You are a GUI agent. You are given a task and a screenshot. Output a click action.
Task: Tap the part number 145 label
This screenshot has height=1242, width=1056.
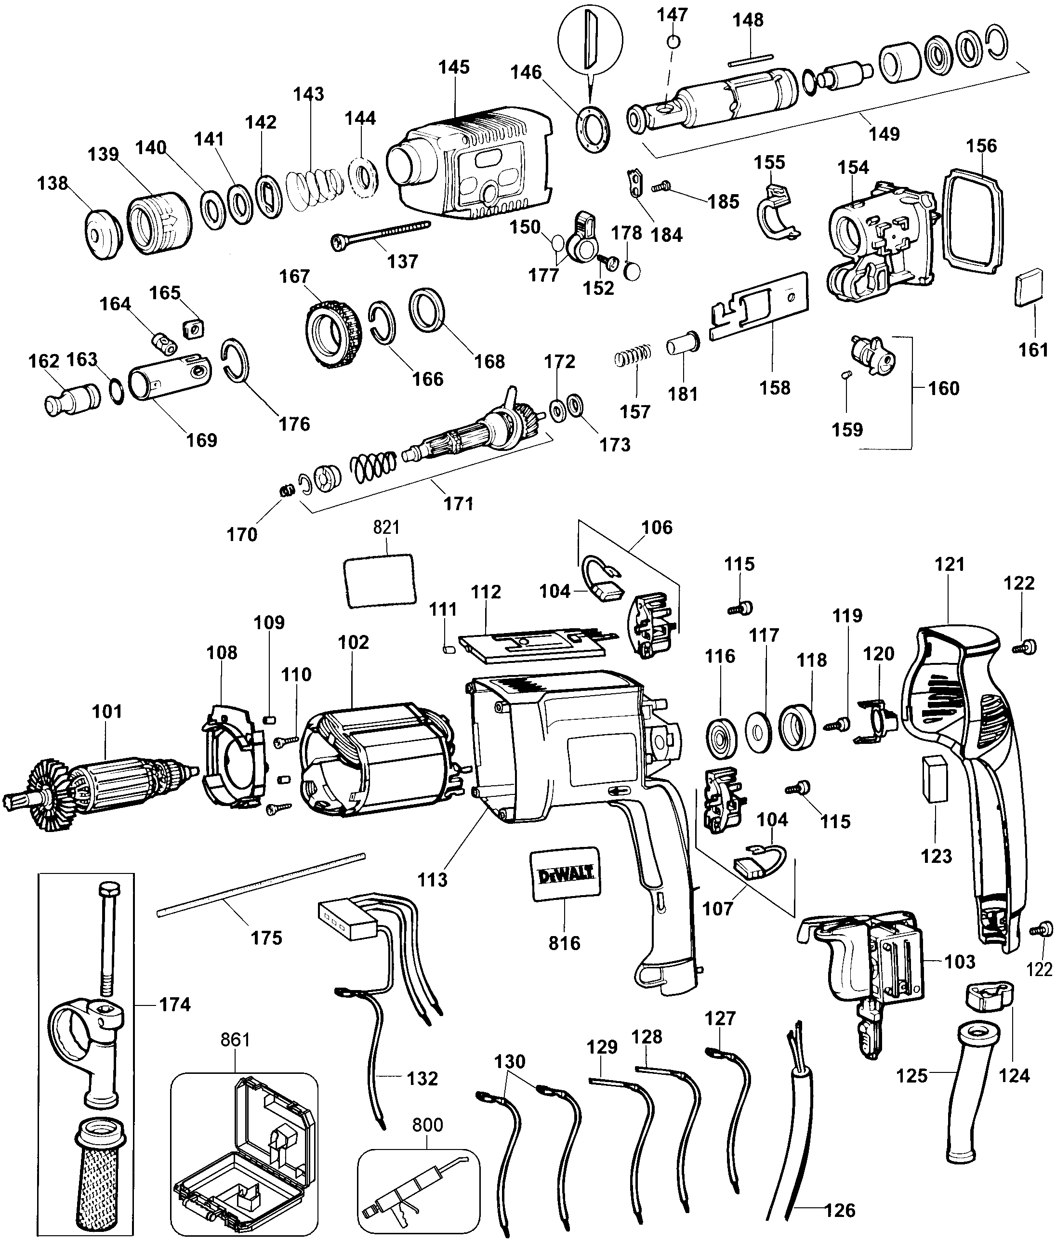(x=454, y=67)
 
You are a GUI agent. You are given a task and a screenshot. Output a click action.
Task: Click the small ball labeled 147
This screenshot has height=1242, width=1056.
(x=673, y=41)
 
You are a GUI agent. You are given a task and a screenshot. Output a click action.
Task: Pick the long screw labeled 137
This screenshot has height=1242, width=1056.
(x=381, y=234)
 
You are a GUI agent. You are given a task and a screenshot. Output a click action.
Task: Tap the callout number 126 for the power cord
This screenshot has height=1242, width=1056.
(x=840, y=1210)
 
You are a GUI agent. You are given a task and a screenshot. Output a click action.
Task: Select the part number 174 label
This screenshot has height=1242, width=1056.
(x=175, y=1004)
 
